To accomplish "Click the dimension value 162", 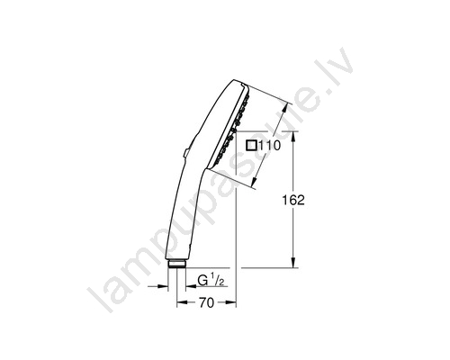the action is (x=293, y=200).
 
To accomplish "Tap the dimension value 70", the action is (x=207, y=303).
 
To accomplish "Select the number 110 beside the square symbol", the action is (x=269, y=146).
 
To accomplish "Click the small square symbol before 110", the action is (x=251, y=146).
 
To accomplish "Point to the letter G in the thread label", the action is (x=203, y=281).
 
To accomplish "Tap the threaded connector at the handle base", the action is (x=177, y=264).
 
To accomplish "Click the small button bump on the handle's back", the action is (x=186, y=153).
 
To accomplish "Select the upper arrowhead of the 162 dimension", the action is (x=293, y=138).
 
